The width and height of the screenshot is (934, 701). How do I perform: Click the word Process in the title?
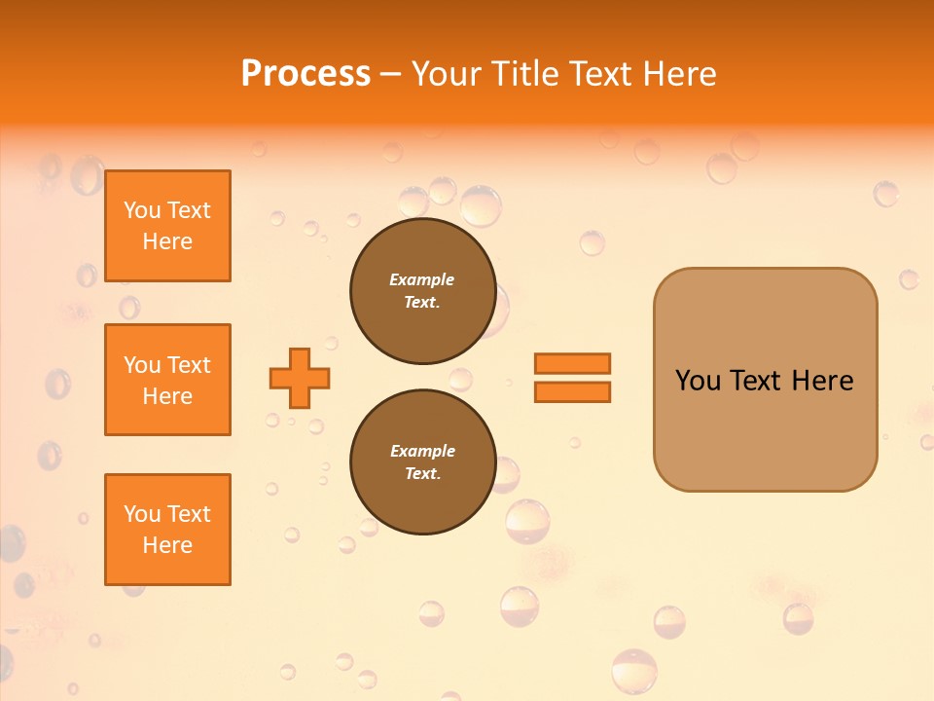[x=305, y=74]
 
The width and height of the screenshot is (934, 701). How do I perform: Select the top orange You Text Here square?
[x=167, y=226]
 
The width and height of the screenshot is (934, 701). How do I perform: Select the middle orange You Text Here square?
[x=167, y=380]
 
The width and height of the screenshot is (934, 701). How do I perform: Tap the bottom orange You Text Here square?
[x=167, y=530]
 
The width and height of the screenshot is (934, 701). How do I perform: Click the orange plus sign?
[x=300, y=378]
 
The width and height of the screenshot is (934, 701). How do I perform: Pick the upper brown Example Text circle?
[x=422, y=291]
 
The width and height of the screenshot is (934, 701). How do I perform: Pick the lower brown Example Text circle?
[x=422, y=462]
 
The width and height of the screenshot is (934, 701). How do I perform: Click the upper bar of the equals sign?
[x=573, y=363]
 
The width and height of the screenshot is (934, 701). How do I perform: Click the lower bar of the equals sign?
[x=573, y=391]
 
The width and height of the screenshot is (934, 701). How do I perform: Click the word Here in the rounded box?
[x=822, y=381]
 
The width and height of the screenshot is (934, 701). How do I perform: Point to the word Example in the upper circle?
[x=422, y=279]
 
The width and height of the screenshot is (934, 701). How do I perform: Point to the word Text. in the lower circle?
[x=422, y=474]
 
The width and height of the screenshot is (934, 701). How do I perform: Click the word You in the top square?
[x=142, y=210]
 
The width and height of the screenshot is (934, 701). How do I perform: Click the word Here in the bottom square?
[x=167, y=545]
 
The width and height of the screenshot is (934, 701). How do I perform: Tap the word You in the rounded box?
[x=698, y=381]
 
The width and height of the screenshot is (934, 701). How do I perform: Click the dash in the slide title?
[x=391, y=74]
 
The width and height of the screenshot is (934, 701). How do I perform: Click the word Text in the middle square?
[x=188, y=365]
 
